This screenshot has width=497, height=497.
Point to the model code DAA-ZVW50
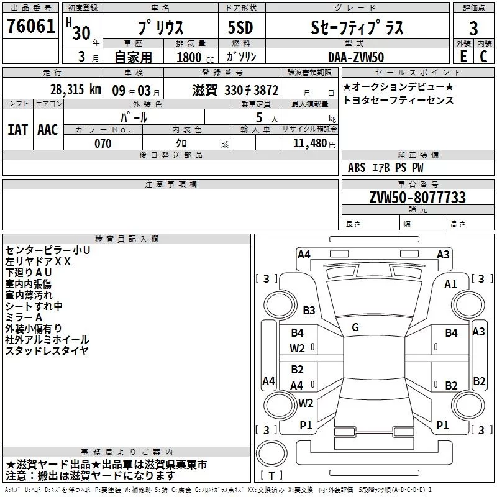click(x=356, y=57)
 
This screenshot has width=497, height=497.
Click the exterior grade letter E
click(x=462, y=57)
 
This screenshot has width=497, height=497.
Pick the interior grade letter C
click(x=484, y=57)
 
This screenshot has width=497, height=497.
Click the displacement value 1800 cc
click(x=190, y=57)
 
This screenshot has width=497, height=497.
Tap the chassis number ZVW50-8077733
click(x=417, y=198)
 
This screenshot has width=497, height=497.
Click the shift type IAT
click(x=17, y=129)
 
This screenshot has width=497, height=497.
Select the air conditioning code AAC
click(x=48, y=129)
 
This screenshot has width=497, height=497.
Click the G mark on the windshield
click(x=355, y=327)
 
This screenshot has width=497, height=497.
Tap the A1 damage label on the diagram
click(x=450, y=284)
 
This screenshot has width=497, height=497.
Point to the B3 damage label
click(x=309, y=310)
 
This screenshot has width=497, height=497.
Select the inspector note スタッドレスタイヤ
click(x=47, y=351)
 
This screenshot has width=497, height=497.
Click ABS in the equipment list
click(x=357, y=168)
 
